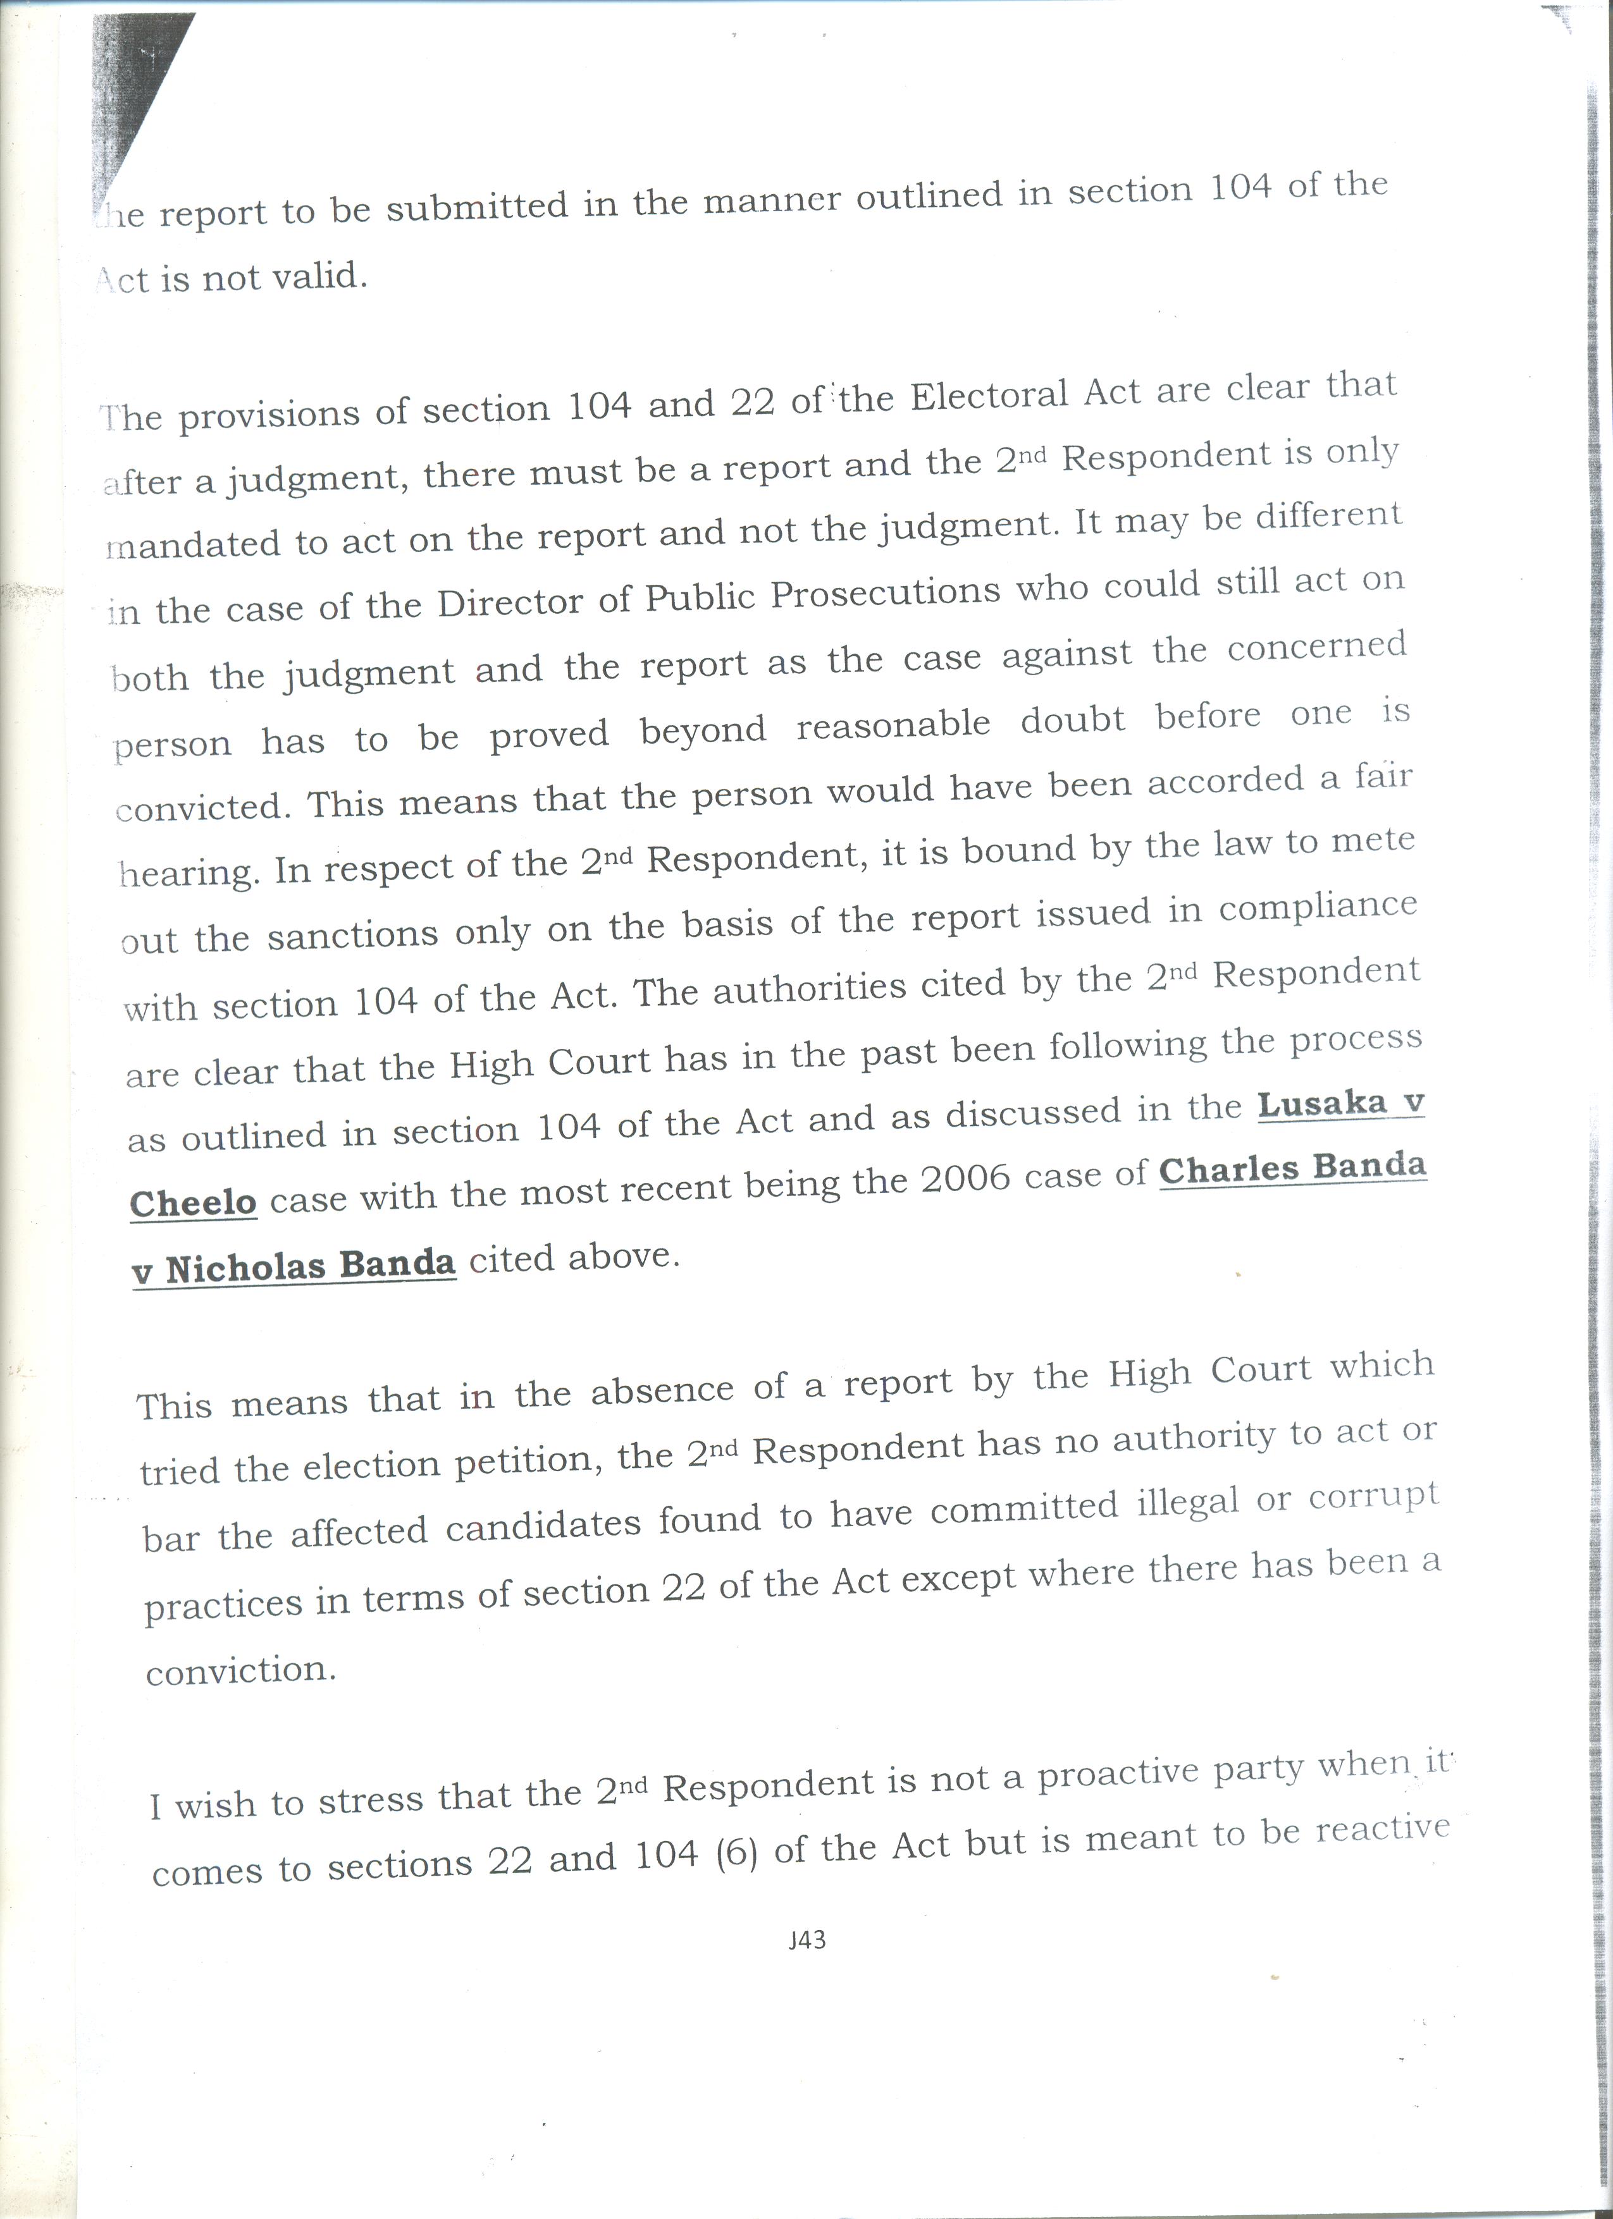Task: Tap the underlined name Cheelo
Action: [x=193, y=1202]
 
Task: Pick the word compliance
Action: [x=1318, y=907]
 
